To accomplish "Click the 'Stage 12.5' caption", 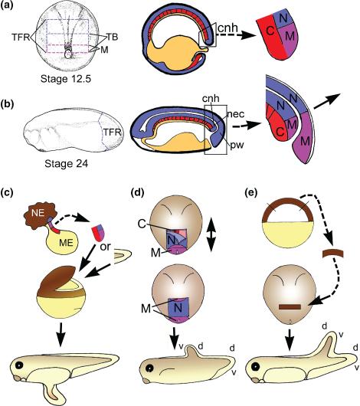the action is click(x=66, y=79).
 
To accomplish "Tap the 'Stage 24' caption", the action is click(x=67, y=164).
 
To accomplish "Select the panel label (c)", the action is click(x=7, y=193).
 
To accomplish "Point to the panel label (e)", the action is click(x=250, y=193).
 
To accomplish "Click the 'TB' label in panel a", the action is click(x=113, y=37).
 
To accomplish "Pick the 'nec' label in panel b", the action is click(x=236, y=114).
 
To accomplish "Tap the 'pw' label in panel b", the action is click(x=237, y=145).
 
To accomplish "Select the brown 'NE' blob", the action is click(x=40, y=214).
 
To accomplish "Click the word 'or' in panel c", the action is click(x=105, y=247).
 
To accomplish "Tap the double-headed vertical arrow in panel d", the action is click(x=212, y=235).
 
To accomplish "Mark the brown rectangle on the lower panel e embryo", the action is click(x=290, y=307).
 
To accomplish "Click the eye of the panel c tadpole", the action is click(x=19, y=365).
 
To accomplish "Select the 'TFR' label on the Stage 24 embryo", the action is click(x=112, y=133).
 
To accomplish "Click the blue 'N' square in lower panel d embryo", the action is click(x=178, y=307).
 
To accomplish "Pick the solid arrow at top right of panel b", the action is click(x=326, y=101).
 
